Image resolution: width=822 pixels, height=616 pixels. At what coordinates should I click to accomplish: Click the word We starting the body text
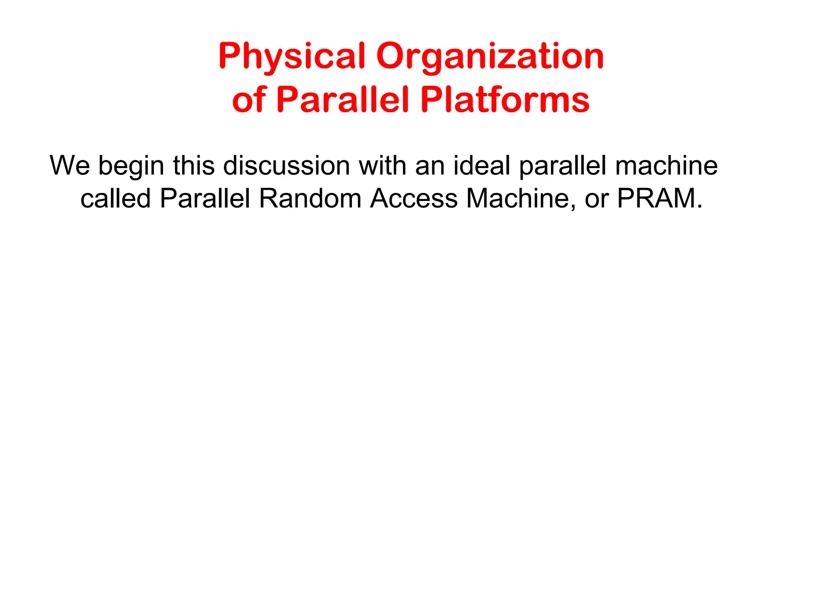tap(70, 165)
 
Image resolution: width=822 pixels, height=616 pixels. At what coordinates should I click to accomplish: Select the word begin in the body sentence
tap(131, 166)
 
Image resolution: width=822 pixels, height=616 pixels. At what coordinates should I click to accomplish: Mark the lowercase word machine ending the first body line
tap(666, 165)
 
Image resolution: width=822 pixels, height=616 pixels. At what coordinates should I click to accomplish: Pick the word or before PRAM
tap(596, 199)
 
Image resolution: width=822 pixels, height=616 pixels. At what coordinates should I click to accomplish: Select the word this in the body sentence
tap(194, 165)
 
